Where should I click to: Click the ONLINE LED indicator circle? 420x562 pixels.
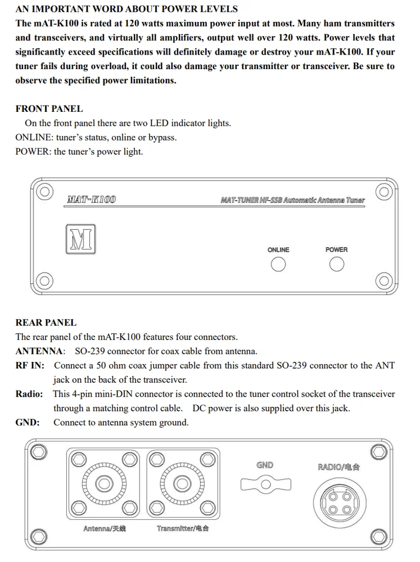tap(278, 264)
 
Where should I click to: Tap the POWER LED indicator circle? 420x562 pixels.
tap(337, 264)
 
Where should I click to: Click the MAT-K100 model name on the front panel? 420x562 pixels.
tap(92, 200)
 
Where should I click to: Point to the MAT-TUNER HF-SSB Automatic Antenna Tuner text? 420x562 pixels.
tap(292, 200)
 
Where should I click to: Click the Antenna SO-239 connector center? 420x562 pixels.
tap(104, 483)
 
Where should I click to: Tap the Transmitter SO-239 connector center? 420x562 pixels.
tap(182, 483)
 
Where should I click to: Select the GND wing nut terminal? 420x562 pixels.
tap(265, 483)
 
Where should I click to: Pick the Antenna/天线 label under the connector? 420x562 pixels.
tap(105, 528)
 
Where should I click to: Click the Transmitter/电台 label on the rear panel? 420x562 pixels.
tap(182, 528)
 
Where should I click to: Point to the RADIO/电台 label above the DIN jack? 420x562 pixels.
tap(338, 466)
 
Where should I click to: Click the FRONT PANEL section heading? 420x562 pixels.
tap(49, 108)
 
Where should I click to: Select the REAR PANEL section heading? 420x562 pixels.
tap(46, 323)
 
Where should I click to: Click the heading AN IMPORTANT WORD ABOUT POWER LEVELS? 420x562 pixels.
tap(127, 9)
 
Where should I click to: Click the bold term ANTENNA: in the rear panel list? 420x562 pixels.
tap(39, 351)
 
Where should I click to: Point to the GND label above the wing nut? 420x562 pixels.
tap(265, 465)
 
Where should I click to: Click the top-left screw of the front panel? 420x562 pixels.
tap(42, 191)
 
